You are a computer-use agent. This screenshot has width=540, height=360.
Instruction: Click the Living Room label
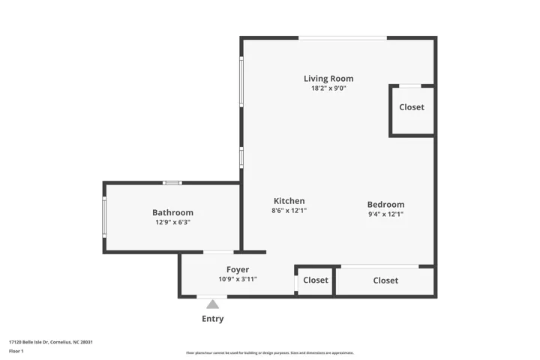tap(328, 79)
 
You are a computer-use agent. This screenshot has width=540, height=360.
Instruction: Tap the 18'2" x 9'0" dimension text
tap(328, 88)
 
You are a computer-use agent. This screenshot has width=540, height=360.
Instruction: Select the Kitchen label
tap(289, 201)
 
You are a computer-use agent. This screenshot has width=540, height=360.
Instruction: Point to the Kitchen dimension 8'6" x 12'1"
tap(289, 211)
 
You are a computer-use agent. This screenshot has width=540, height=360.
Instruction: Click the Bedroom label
tap(385, 204)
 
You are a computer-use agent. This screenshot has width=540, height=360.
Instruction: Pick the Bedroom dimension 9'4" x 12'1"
tap(385, 214)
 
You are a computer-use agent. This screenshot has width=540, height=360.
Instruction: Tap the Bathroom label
tap(173, 212)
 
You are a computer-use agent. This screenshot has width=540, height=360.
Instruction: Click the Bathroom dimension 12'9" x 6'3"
tap(173, 222)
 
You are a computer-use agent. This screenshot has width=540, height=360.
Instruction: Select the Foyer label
tap(238, 270)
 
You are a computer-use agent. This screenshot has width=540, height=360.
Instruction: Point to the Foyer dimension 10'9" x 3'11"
tap(238, 279)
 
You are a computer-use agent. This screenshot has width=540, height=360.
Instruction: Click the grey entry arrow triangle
tap(212, 304)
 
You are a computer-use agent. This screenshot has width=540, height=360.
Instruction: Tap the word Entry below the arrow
tap(212, 319)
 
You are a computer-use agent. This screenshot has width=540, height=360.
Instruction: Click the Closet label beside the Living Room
tap(412, 107)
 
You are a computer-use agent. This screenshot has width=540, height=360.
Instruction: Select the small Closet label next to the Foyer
tap(316, 280)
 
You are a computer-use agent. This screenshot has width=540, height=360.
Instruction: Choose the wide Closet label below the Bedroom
tap(385, 280)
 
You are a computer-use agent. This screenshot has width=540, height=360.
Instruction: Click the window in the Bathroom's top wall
tap(172, 183)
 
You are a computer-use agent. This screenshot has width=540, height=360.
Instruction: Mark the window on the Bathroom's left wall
tap(104, 217)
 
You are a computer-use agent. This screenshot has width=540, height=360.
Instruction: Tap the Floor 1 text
tap(16, 351)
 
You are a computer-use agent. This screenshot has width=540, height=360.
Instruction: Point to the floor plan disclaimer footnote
tap(270, 352)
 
